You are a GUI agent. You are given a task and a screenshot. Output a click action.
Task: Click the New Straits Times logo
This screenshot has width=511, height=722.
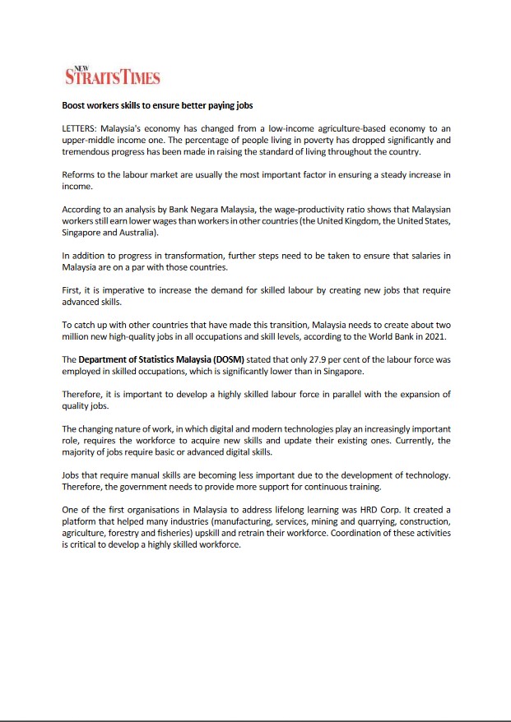112,76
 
